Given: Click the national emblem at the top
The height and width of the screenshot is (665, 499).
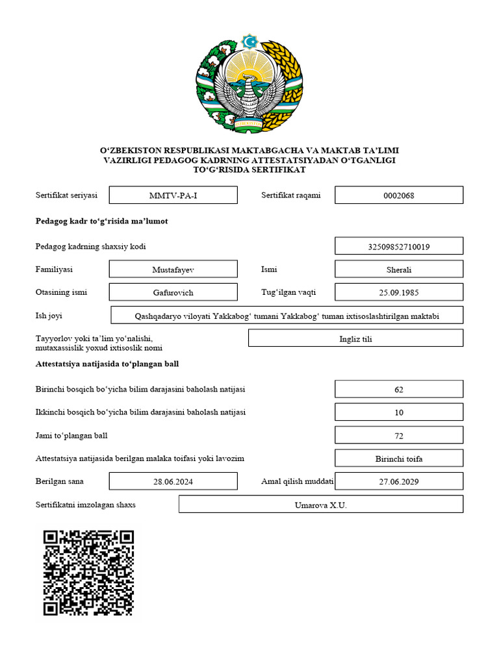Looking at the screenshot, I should coord(249,83).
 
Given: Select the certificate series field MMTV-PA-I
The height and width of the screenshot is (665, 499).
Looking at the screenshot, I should coord(173,195).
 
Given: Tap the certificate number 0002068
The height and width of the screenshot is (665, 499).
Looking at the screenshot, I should coord(399,195).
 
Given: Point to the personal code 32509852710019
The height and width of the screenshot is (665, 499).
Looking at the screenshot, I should coord(399,247).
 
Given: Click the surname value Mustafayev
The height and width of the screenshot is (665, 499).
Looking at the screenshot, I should coord(173,270).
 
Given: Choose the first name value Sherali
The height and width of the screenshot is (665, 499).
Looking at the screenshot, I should coord(399,270).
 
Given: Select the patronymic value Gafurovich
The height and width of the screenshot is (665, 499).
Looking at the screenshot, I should coord(173,292).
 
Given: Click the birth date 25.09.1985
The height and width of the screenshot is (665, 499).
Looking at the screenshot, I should coord(399,292).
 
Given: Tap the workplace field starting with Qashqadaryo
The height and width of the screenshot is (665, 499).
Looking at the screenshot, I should coord(287,316).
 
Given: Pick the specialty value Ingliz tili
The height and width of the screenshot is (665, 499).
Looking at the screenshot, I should coord(355,338).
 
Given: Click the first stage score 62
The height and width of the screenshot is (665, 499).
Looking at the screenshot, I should coord(399,390).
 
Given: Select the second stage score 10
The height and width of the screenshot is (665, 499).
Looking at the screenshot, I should coord(399,412).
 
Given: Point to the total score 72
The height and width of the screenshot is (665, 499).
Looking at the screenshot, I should coord(399,435).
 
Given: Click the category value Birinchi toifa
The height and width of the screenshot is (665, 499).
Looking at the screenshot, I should coord(399,458).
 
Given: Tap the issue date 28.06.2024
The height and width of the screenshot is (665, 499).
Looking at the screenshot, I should coord(173,482).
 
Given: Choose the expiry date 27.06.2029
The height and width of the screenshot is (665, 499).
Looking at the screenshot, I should coord(399,482).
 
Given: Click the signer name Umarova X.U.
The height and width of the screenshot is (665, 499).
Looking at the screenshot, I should coord(320,505).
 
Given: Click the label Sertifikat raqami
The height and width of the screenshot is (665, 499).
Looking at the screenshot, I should coord(291,195).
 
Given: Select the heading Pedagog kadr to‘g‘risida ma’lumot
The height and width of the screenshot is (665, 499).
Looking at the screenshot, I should coord(101,221).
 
